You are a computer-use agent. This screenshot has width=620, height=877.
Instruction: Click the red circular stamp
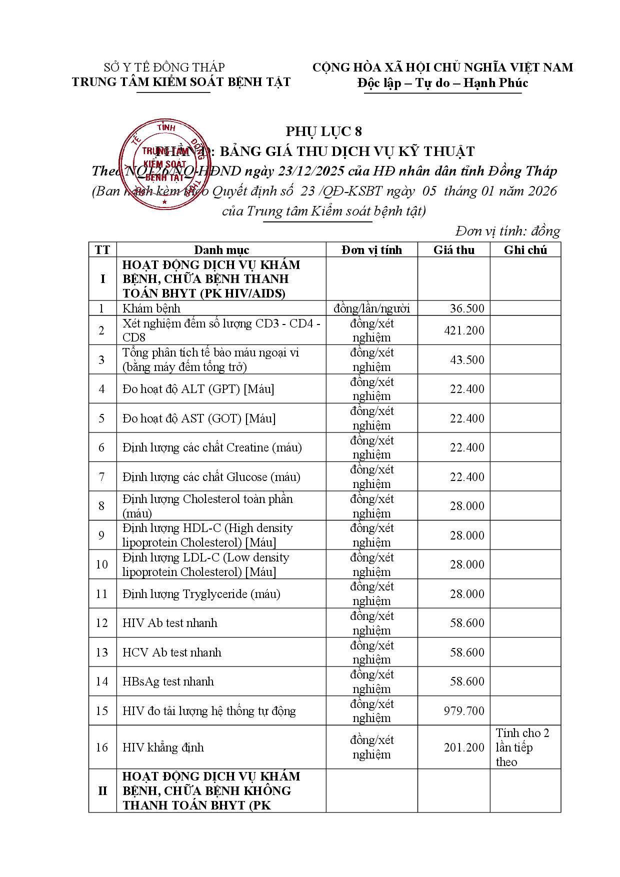(164, 164)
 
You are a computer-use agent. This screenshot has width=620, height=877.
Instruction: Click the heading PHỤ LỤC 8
(323, 131)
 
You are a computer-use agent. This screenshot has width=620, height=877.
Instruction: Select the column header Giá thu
(453, 250)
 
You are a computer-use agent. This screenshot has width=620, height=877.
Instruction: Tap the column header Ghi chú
(525, 250)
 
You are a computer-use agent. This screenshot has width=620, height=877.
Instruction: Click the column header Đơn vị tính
(371, 250)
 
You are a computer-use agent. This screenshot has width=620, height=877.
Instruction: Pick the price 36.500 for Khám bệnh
(467, 308)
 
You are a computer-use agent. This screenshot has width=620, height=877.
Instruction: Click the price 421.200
(464, 330)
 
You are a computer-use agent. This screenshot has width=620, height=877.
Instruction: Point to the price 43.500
(467, 360)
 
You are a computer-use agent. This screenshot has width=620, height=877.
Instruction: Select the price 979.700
(464, 711)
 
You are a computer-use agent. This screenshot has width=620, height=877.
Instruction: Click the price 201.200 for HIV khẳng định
(464, 747)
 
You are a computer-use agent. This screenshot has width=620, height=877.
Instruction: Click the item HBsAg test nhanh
(168, 681)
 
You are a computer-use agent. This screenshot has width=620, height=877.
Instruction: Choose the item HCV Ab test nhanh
(171, 652)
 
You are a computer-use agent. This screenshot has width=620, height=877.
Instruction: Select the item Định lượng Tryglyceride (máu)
(201, 594)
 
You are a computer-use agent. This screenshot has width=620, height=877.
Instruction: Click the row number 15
(102, 711)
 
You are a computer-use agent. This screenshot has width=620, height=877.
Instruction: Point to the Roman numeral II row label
(102, 791)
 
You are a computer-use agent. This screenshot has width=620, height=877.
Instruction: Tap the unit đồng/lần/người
(371, 308)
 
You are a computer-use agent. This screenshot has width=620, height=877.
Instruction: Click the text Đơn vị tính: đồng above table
(507, 231)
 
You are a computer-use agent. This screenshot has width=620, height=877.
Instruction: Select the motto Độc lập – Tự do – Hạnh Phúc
(442, 83)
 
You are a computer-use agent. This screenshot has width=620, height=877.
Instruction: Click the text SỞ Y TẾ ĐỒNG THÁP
(164, 67)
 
